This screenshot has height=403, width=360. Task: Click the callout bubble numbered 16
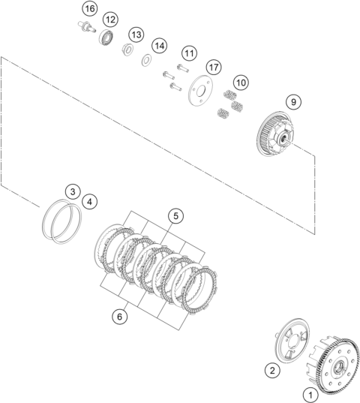(90, 9)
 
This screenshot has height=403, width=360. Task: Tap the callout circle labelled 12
(110, 20)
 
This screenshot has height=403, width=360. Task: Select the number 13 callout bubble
(136, 35)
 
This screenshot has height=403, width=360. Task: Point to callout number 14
(160, 46)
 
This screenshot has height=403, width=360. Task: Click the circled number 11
(189, 53)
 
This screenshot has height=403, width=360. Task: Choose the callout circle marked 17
(214, 68)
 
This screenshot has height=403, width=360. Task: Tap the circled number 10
(241, 83)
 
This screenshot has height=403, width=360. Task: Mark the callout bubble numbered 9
(293, 102)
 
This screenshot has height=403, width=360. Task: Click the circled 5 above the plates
(176, 216)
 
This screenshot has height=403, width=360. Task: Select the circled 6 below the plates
(120, 317)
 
